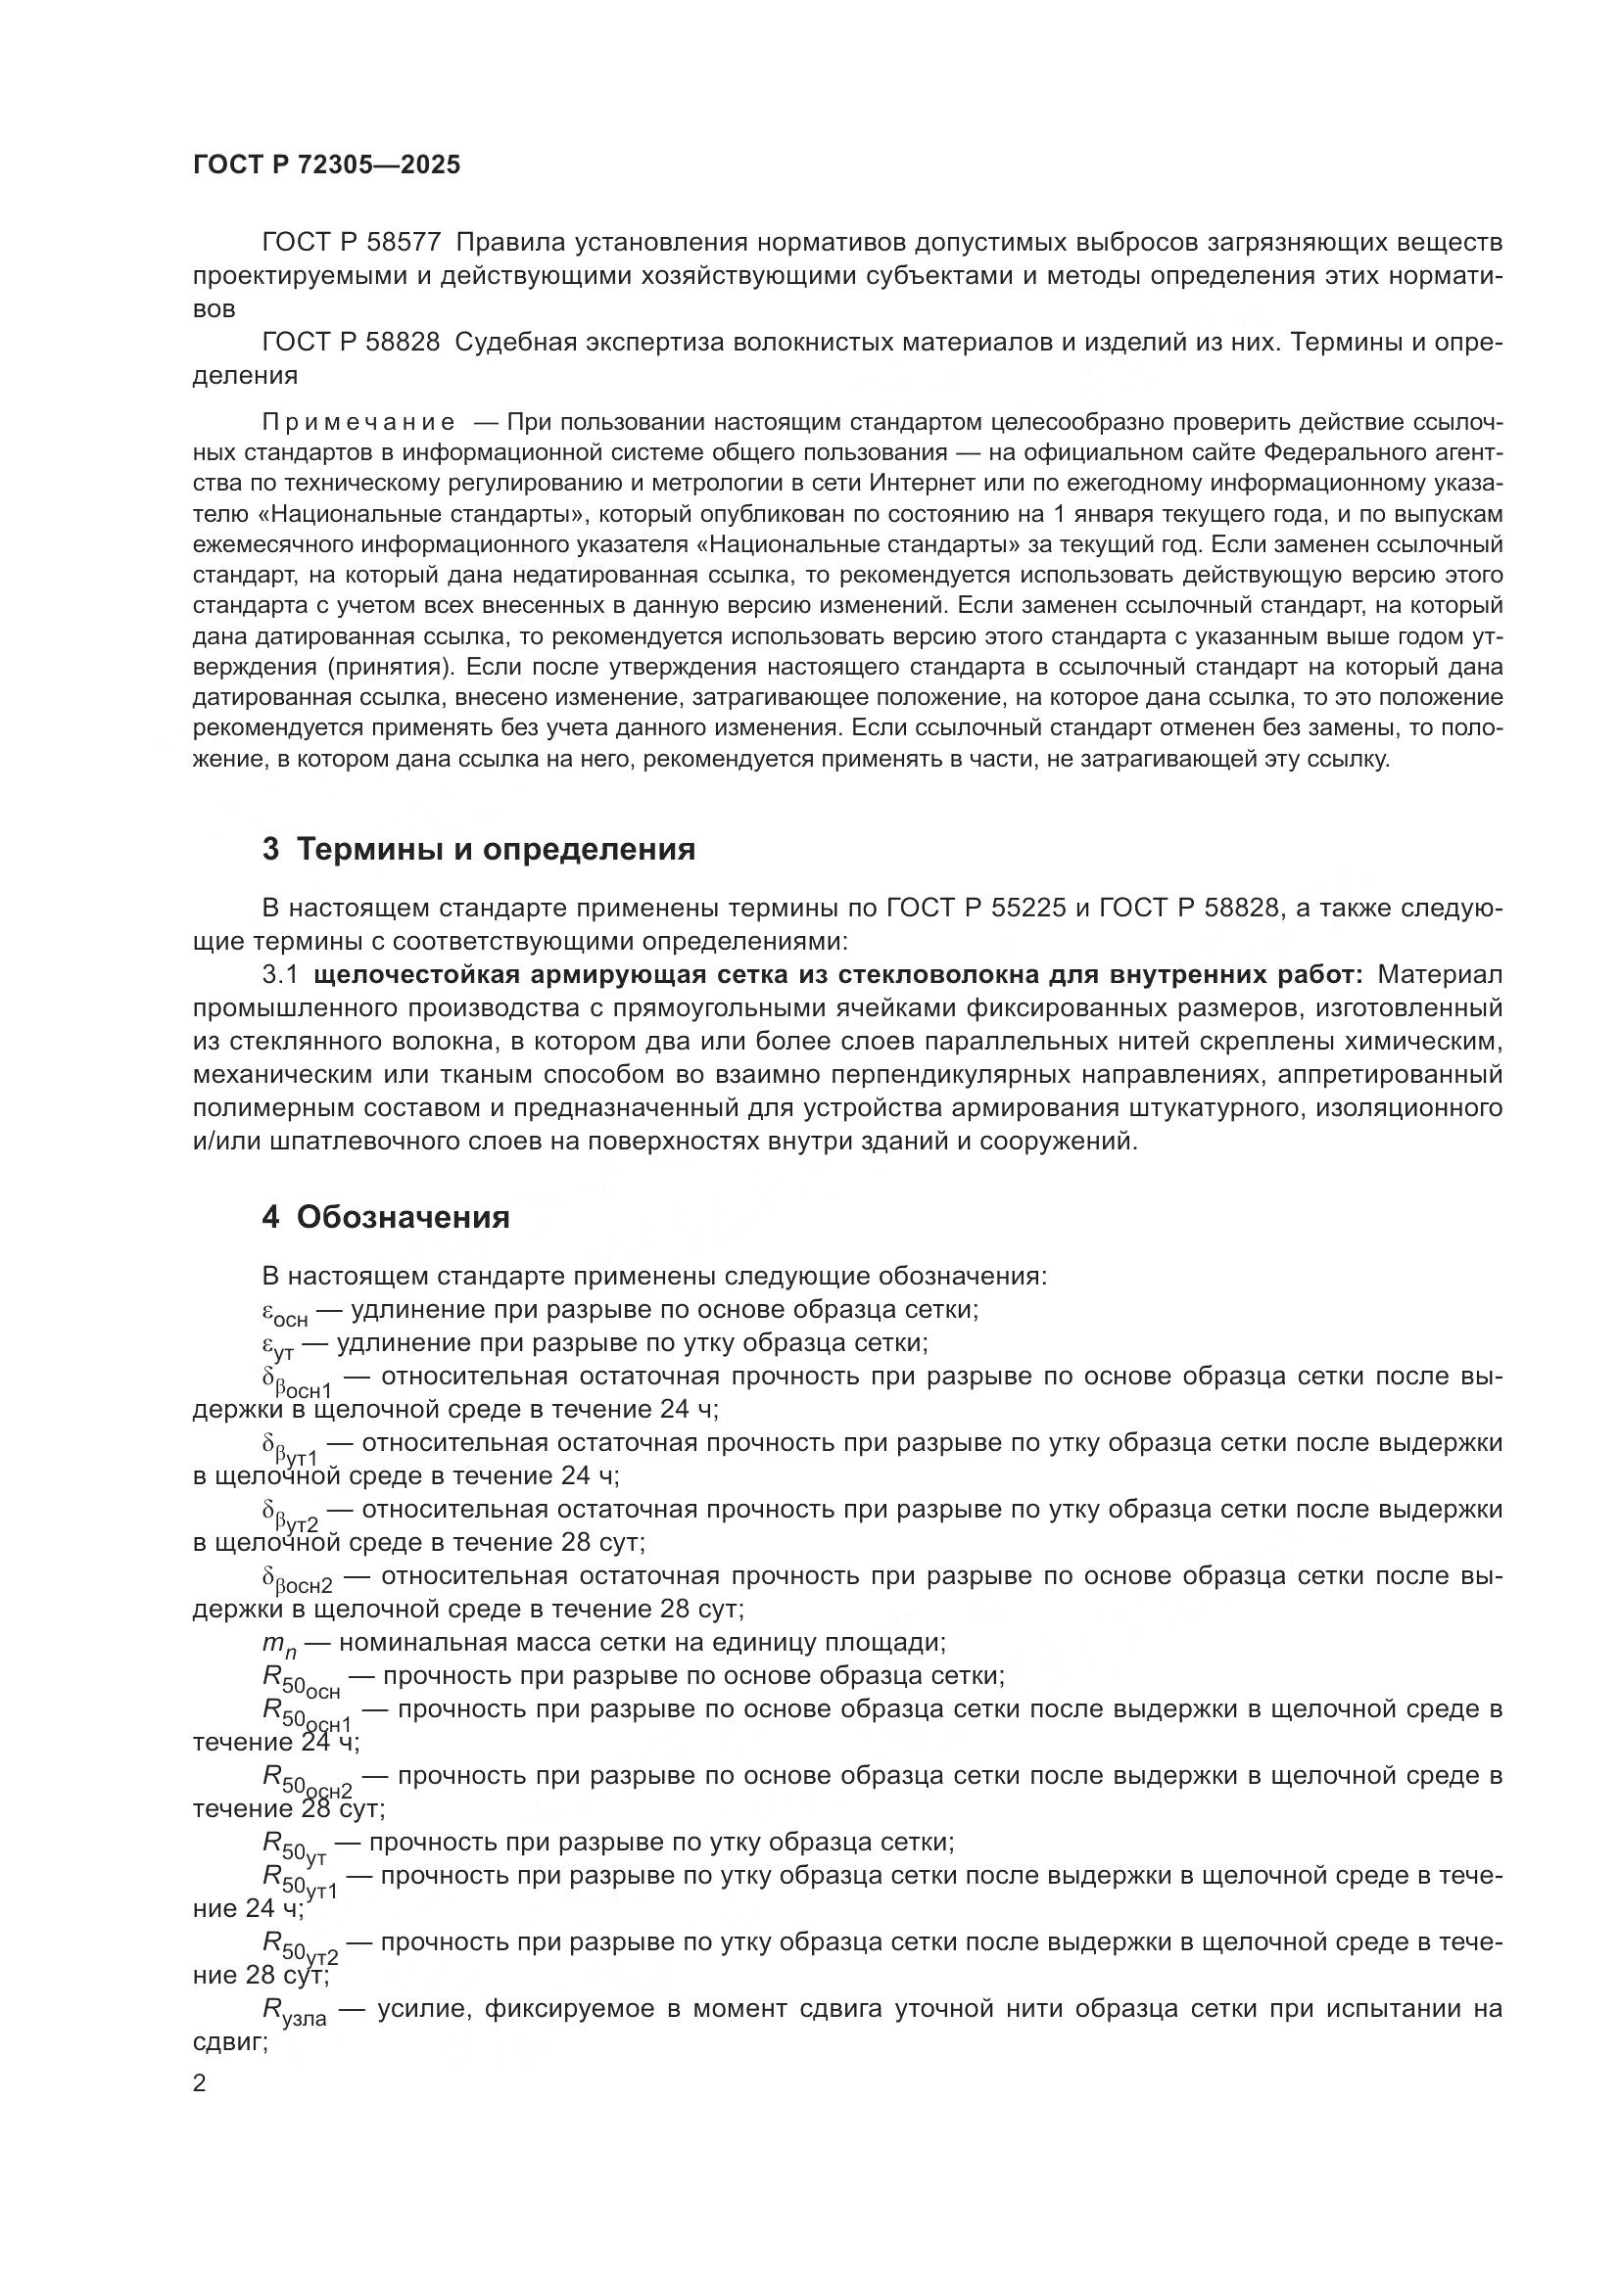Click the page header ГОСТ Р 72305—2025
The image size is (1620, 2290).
point(326,164)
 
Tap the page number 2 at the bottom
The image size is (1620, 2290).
point(200,2083)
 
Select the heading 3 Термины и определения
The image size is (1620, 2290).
point(478,850)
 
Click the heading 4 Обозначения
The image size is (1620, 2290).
point(385,1218)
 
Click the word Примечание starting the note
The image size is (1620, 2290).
point(358,422)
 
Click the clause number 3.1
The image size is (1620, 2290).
point(279,974)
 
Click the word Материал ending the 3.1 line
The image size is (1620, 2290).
point(1438,974)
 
